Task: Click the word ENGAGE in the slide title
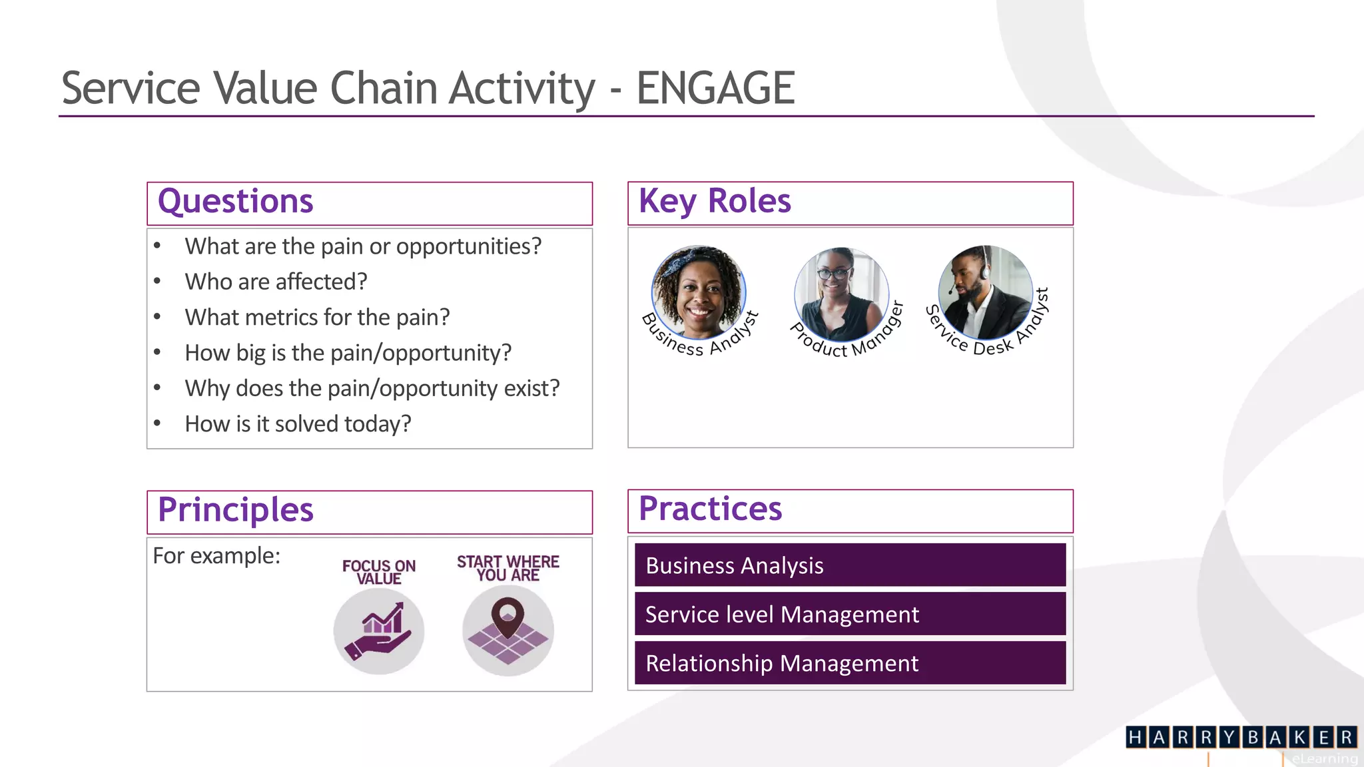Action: (x=715, y=89)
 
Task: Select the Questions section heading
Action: (x=235, y=202)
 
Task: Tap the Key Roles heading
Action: (x=715, y=202)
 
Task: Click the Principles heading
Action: (x=235, y=511)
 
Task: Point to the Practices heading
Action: (x=710, y=509)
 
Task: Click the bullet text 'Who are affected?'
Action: (x=276, y=282)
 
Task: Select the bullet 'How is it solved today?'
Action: (x=298, y=424)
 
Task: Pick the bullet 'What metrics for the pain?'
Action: (x=317, y=318)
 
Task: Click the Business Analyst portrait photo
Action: (x=698, y=292)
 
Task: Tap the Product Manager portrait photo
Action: (x=841, y=294)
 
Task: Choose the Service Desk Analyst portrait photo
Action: (x=984, y=292)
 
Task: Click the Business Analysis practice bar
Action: (x=850, y=565)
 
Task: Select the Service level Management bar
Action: (x=850, y=614)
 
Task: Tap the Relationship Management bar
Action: (x=850, y=663)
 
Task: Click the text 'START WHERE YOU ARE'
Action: (x=508, y=569)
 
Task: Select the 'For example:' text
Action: (x=216, y=556)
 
